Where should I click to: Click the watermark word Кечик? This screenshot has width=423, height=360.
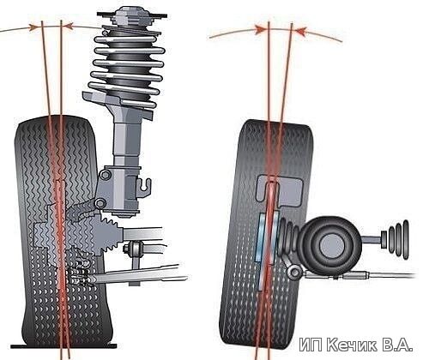point(352,345)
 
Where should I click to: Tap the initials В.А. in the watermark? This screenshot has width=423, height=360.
point(396,345)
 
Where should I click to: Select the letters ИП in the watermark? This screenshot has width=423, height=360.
point(311,345)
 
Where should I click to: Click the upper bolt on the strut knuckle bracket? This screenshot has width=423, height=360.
point(105,175)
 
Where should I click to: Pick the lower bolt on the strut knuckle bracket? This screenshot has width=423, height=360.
point(100,203)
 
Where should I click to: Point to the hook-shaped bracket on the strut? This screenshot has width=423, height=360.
point(144,188)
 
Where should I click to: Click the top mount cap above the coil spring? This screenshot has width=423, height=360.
point(132,16)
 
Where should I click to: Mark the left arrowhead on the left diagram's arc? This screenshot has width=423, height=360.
point(34,27)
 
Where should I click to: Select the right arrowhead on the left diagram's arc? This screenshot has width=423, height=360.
point(69,26)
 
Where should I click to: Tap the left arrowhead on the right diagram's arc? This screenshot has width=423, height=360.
point(261,29)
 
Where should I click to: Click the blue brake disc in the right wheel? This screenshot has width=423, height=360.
point(266,250)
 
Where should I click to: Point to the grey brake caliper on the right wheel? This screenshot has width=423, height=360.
point(279,190)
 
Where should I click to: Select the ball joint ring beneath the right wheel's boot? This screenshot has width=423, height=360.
point(294,273)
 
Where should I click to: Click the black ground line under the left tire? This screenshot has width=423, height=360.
point(63,346)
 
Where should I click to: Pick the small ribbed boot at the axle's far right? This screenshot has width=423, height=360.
point(398,239)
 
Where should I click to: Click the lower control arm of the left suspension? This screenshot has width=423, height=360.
point(137,275)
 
